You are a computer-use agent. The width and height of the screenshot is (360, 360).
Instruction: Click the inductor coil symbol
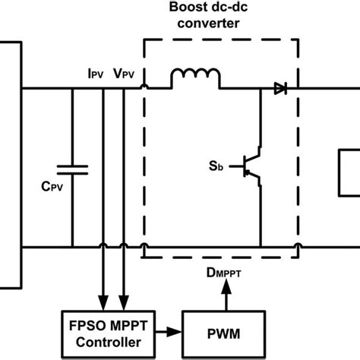coord(195,78)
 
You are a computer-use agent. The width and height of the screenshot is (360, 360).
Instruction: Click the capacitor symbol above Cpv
coord(73,169)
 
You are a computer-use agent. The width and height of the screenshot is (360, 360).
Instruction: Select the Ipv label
coord(96,74)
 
